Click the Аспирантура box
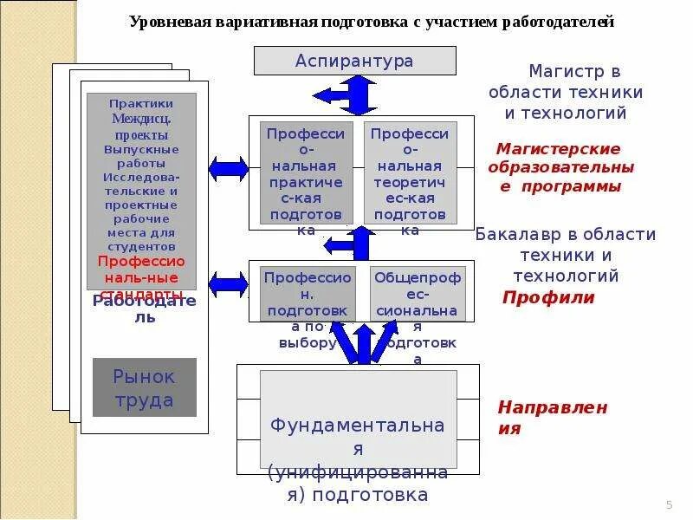pos(354,61)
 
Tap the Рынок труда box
pos(145,387)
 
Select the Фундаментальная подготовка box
pos(358,419)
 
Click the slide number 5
pos(669,505)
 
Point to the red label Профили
pos(548,298)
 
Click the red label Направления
pos(552,417)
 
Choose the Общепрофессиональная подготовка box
pos(418,294)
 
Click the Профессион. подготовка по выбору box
pos(307,294)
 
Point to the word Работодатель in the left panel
pos(145,309)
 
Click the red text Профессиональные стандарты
pos(141,270)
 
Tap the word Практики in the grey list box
pos(142,103)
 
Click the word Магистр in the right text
pos(562,71)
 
